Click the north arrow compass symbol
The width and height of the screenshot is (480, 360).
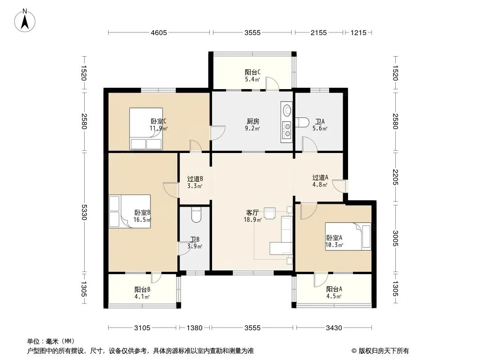pos(25,21)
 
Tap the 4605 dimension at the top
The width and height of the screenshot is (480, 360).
pos(159,32)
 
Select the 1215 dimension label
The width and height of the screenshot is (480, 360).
pos(358,32)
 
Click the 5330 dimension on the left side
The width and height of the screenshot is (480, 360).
pos(85,212)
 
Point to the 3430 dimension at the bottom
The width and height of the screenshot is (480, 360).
pos(334,328)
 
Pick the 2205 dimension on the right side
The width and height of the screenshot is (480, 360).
pos(395,177)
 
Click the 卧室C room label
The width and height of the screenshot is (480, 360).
pos(158,121)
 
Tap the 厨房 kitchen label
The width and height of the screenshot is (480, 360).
pos(253,121)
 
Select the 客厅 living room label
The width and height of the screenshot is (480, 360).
pos(253,212)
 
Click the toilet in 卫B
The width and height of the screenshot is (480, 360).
pos(196,215)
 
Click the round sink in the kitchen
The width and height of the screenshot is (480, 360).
pos(287,110)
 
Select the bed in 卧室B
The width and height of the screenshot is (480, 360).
pos(130,211)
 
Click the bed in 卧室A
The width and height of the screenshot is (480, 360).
pos(348,236)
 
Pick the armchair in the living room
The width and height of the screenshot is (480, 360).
pos(269,213)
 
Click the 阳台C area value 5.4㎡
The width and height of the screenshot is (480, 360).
pos(253,80)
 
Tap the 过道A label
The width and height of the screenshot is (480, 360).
pos(320,177)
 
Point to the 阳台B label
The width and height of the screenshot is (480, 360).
pos(142,289)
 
